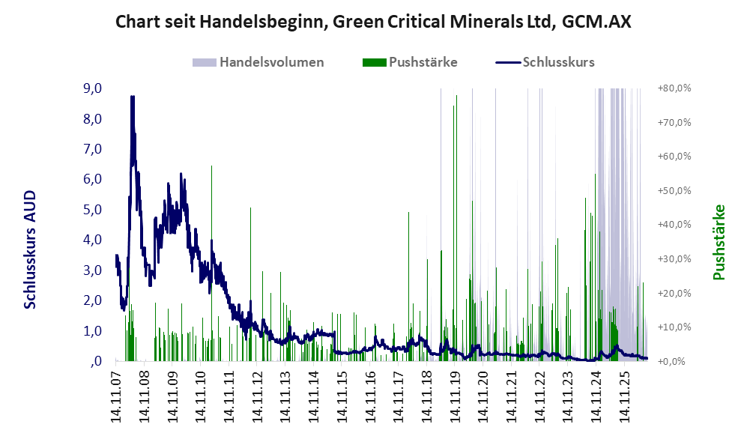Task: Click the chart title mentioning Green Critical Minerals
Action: click(x=373, y=22)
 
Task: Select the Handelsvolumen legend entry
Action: click(x=258, y=62)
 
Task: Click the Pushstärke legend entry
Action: click(x=410, y=62)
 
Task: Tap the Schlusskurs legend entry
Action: click(x=545, y=62)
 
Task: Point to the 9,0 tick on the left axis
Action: click(x=92, y=88)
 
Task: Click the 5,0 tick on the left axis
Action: click(x=92, y=210)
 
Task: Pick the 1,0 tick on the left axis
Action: click(x=92, y=330)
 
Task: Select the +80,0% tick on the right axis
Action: click(x=674, y=88)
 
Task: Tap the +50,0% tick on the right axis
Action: click(x=674, y=190)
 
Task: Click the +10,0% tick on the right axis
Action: click(x=674, y=327)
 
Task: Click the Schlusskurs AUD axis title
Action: click(x=30, y=249)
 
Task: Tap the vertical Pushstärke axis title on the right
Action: click(x=719, y=243)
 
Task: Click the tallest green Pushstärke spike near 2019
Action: click(x=456, y=228)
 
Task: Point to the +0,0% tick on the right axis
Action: click(x=674, y=362)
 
